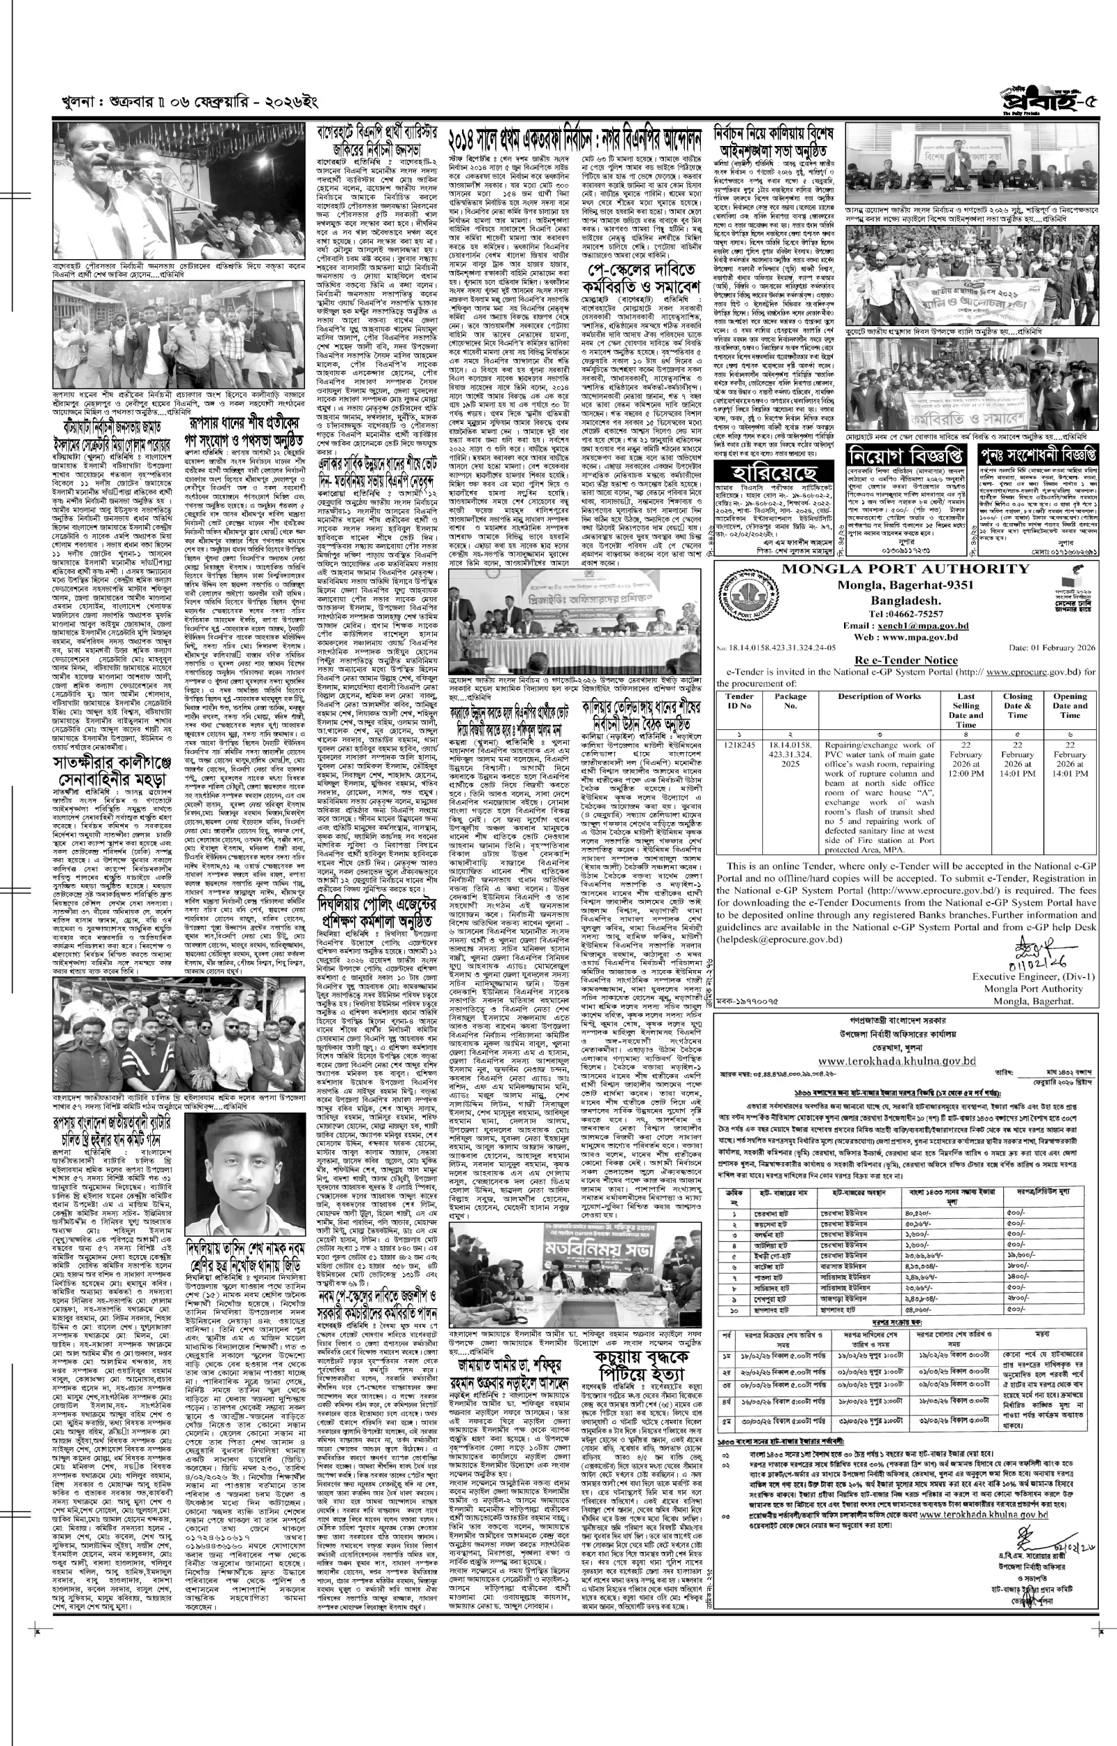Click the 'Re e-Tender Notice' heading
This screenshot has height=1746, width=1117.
[905, 660]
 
